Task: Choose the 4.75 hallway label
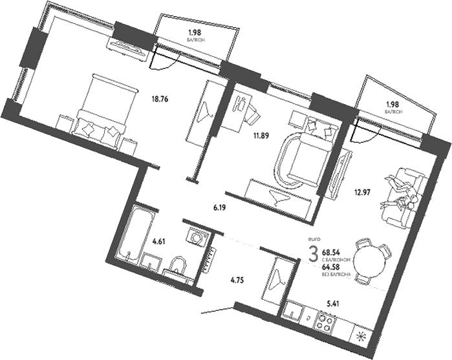click(x=240, y=281)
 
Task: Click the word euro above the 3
click(x=315, y=239)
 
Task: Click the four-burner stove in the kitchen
click(x=325, y=321)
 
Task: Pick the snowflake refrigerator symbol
click(x=361, y=336)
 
